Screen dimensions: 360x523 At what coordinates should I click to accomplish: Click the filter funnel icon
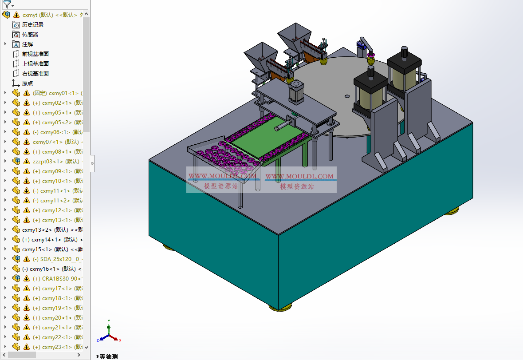click(7, 5)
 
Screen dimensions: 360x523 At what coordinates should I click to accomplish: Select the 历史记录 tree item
click(33, 25)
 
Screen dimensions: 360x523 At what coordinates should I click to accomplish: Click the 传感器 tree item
click(30, 35)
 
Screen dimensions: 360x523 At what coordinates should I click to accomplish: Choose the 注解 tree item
click(28, 44)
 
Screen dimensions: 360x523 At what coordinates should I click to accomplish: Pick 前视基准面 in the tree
click(35, 54)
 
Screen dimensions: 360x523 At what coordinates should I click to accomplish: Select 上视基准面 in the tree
click(35, 64)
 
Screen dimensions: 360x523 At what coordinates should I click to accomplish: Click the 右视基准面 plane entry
click(35, 74)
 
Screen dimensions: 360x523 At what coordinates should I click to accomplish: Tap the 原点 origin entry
click(28, 83)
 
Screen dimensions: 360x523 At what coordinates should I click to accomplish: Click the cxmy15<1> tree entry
click(37, 249)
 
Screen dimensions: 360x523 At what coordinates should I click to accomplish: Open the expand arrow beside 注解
click(5, 44)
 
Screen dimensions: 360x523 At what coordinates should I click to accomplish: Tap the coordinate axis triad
click(109, 333)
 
